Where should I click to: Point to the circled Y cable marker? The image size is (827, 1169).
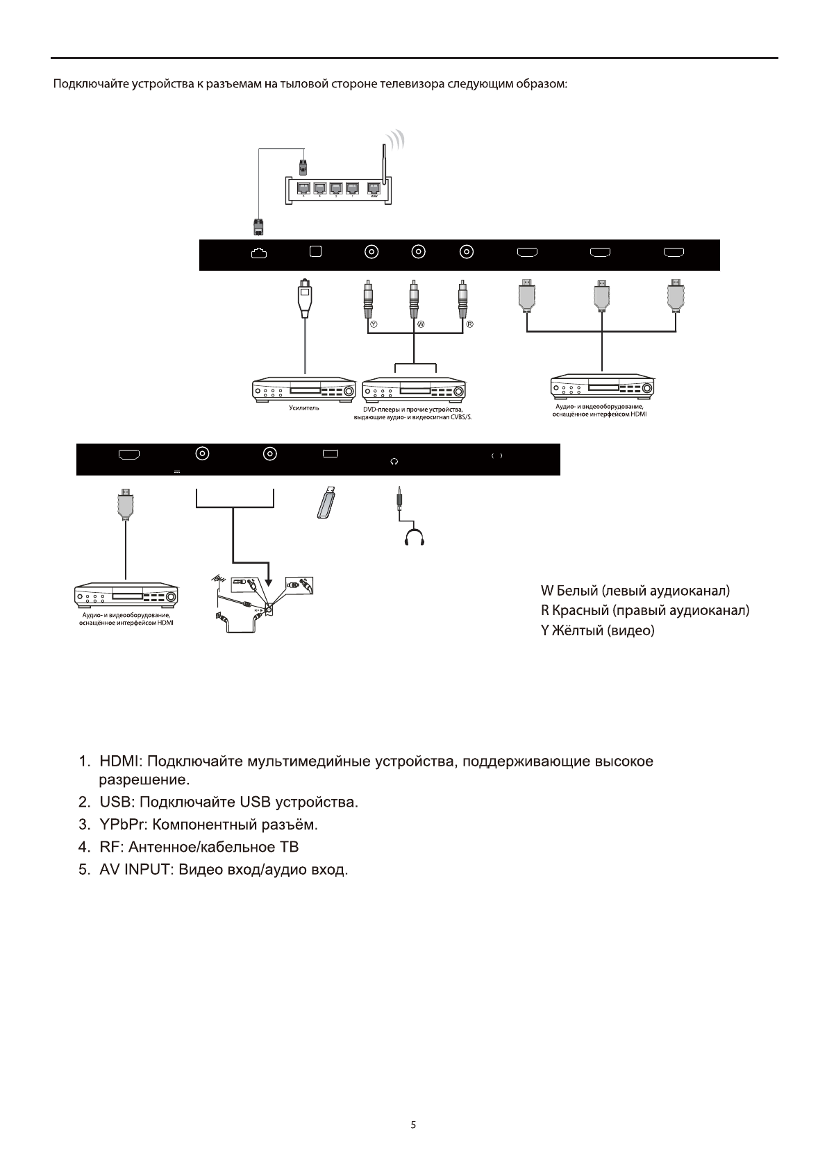(x=374, y=324)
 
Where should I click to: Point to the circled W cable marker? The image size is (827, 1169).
(x=421, y=324)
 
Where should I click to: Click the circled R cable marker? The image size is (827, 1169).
(x=469, y=324)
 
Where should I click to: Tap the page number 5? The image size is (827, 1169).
(x=413, y=1125)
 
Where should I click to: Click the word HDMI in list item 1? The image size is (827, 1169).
(x=120, y=761)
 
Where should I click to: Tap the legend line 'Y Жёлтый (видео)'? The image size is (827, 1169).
(x=597, y=631)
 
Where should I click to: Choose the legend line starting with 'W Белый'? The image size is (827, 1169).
(x=635, y=591)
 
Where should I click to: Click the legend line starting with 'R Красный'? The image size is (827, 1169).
(x=644, y=611)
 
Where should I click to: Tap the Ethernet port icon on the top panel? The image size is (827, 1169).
(x=258, y=254)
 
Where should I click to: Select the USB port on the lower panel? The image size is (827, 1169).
(x=330, y=453)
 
